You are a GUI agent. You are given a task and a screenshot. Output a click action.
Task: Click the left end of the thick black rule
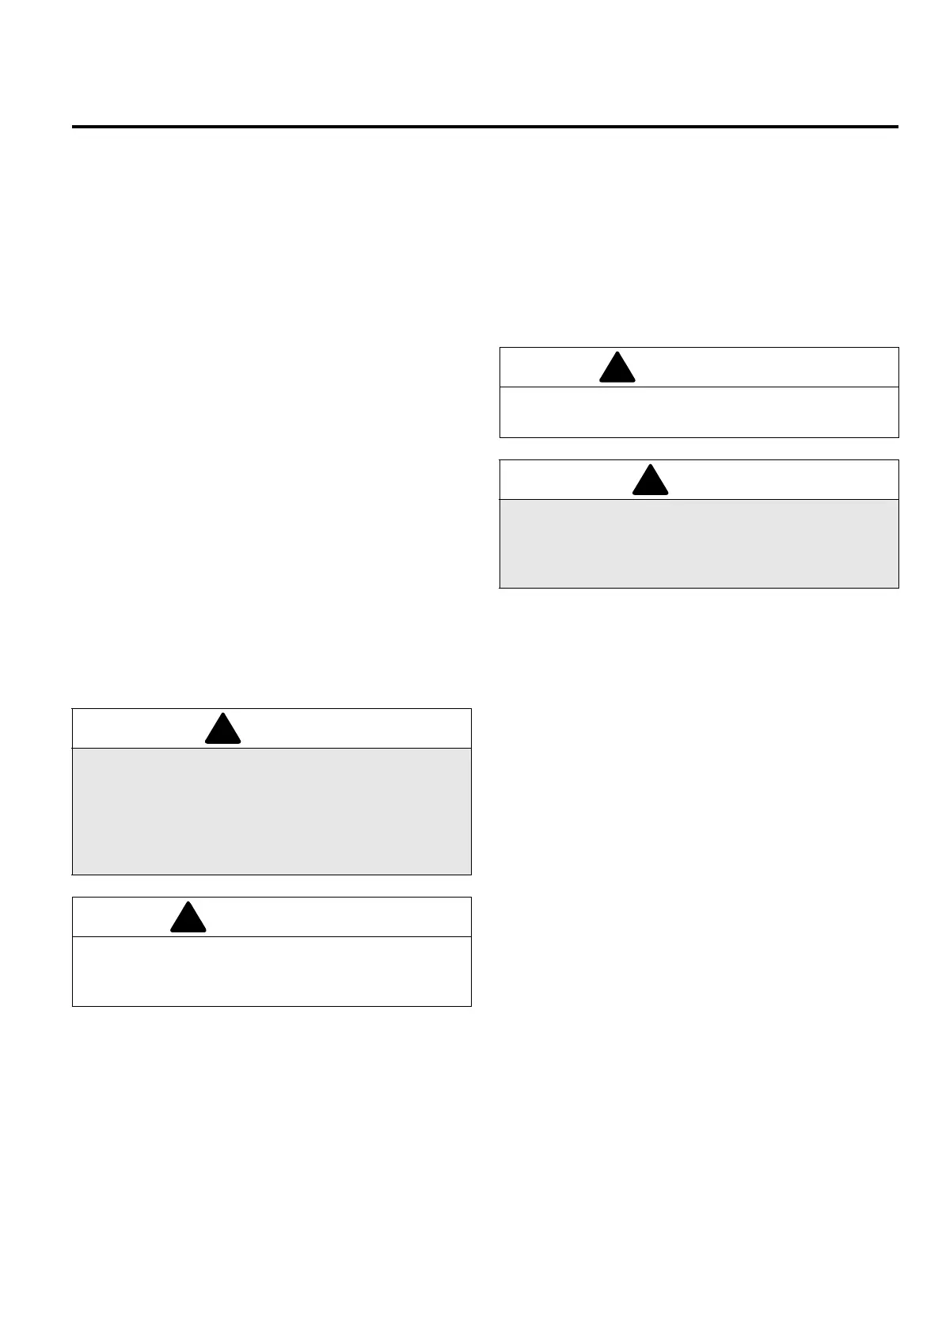(x=74, y=127)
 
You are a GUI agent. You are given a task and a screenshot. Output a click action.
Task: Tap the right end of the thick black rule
(x=898, y=127)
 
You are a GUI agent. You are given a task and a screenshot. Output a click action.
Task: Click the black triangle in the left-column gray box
(x=222, y=731)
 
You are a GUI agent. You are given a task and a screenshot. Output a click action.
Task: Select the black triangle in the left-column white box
(x=188, y=919)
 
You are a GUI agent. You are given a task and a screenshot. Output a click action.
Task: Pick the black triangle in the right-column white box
(x=617, y=369)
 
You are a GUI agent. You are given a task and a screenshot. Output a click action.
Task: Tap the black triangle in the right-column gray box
(x=651, y=482)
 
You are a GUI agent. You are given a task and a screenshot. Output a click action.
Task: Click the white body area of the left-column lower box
(x=272, y=971)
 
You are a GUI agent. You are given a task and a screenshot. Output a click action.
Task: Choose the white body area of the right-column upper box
(x=699, y=411)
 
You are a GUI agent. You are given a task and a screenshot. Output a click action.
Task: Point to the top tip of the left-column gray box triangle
(x=222, y=714)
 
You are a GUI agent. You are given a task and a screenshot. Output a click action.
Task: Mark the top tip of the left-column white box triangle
(x=188, y=902)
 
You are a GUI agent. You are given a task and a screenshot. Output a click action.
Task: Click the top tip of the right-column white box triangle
(x=617, y=353)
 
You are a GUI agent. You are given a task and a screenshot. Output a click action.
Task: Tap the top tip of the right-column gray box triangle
(x=651, y=465)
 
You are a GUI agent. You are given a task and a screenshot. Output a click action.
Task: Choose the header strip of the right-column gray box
(x=776, y=480)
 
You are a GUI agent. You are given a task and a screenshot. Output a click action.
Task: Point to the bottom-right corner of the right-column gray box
(x=898, y=588)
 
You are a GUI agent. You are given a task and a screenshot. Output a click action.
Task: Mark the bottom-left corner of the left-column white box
(x=73, y=1006)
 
